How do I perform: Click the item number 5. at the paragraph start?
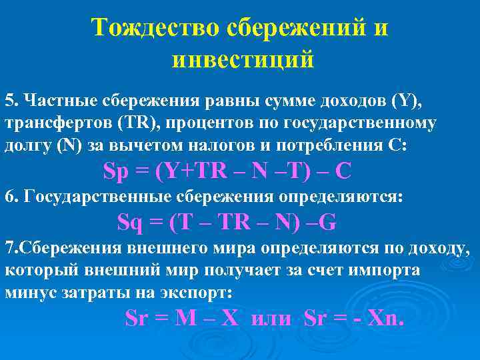(x=11, y=101)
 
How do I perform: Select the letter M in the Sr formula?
(x=185, y=319)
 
